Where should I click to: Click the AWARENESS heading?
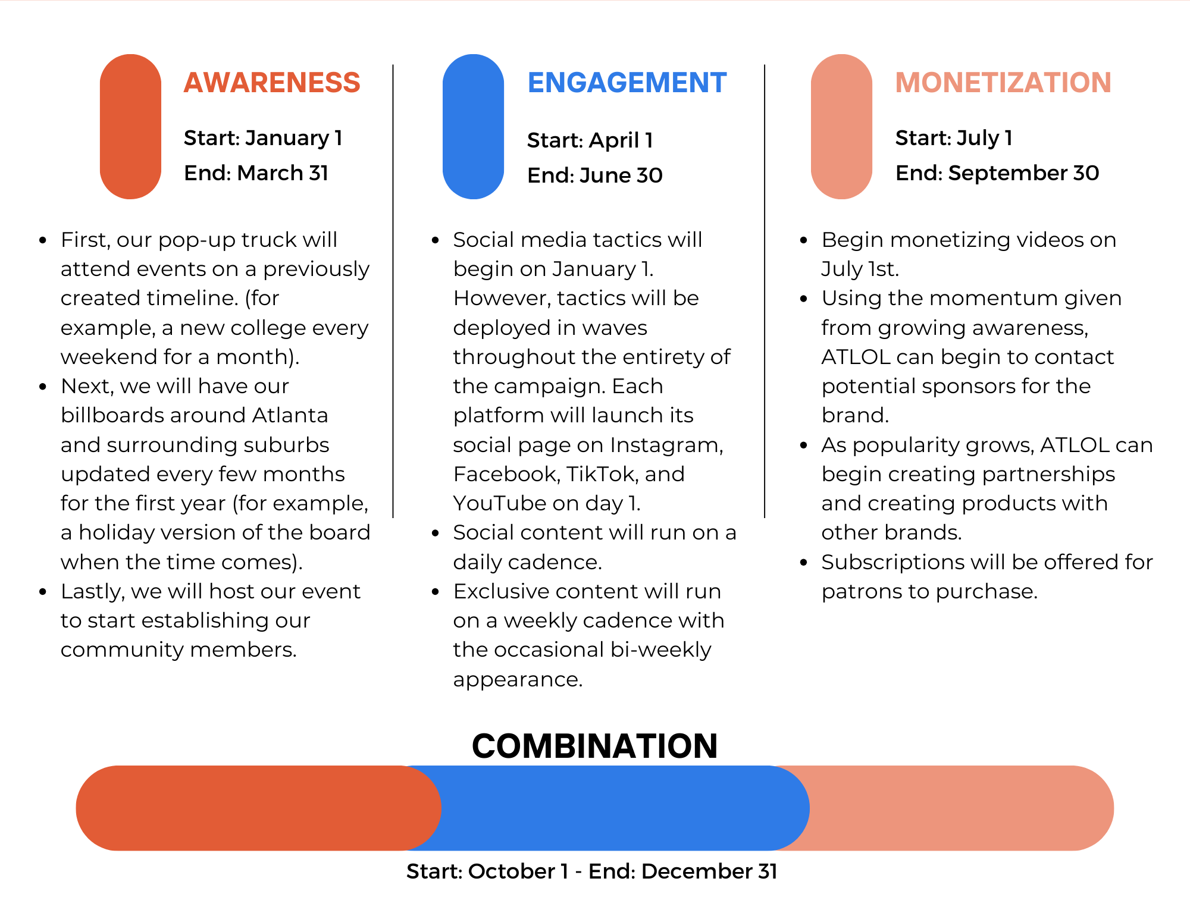coord(272,82)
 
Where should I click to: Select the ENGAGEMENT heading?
coord(627,82)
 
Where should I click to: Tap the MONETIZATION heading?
coord(1003,82)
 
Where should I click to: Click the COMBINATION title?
coord(595,746)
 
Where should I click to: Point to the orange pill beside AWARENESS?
coord(130,127)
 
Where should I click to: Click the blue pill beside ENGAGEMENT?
coord(474,127)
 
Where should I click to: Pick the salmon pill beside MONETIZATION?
coord(841,127)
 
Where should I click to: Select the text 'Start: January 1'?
coord(263,138)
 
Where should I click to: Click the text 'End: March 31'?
coord(256,173)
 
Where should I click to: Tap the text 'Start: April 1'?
coord(590,140)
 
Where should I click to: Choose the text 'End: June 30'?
coord(595,175)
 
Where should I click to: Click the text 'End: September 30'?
coord(997,173)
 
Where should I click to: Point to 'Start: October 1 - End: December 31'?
coord(592,871)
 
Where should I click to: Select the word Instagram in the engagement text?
coord(666,446)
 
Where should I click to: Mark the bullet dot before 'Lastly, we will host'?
coord(43,592)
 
